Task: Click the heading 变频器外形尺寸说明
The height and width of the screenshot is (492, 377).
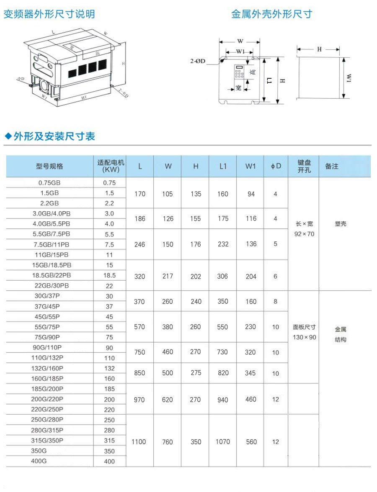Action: click(x=49, y=14)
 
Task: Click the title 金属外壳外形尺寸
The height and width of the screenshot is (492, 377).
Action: click(x=271, y=14)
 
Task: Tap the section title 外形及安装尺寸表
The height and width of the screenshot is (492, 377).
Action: click(x=54, y=136)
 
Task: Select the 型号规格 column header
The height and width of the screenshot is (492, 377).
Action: click(x=49, y=166)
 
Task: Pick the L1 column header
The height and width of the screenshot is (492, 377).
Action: click(x=223, y=166)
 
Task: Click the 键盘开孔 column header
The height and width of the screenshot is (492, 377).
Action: click(x=304, y=166)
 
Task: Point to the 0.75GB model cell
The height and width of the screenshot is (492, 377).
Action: click(x=49, y=183)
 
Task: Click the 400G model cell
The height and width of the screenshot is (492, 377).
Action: click(x=39, y=461)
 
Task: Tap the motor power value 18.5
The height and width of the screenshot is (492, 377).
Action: click(x=109, y=276)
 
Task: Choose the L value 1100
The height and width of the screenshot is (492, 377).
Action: click(x=139, y=442)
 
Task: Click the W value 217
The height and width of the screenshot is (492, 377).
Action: click(x=168, y=276)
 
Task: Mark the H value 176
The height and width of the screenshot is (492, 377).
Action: click(x=196, y=244)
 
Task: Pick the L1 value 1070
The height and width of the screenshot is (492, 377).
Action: click(x=223, y=442)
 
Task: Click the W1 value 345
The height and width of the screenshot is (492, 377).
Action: click(x=250, y=373)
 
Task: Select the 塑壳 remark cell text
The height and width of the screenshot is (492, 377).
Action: click(x=341, y=224)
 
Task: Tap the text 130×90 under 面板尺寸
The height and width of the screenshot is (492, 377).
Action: click(x=305, y=337)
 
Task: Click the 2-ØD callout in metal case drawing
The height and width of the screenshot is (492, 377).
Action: click(x=197, y=61)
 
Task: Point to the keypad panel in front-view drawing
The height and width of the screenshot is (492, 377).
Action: click(x=240, y=73)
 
